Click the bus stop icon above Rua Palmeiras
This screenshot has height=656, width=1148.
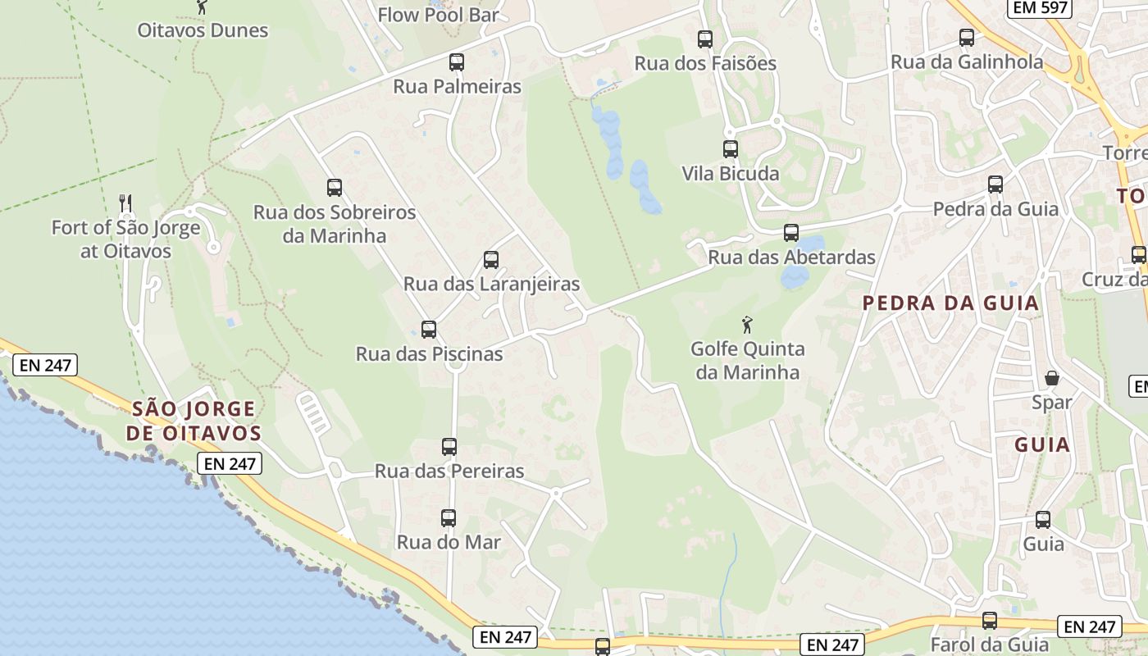pyautogui.click(x=457, y=61)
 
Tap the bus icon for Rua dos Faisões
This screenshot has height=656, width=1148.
pyautogui.click(x=704, y=39)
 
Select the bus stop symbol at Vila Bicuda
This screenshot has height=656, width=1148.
pyautogui.click(x=730, y=149)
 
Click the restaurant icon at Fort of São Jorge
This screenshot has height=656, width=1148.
pyautogui.click(x=125, y=203)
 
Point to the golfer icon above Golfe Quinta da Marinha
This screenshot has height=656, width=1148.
pyautogui.click(x=746, y=324)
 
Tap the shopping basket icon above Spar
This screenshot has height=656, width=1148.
pyautogui.click(x=1051, y=378)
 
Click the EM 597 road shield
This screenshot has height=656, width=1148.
pyautogui.click(x=1038, y=8)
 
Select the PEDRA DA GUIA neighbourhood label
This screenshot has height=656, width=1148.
pyautogui.click(x=950, y=303)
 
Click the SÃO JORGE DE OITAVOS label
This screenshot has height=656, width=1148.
pyautogui.click(x=194, y=421)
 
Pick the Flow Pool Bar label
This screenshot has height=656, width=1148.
pyautogui.click(x=438, y=15)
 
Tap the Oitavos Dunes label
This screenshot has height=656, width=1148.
pyautogui.click(x=203, y=30)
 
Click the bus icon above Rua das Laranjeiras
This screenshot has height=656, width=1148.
pyautogui.click(x=490, y=260)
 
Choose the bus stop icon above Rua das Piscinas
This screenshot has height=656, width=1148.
pyautogui.click(x=428, y=330)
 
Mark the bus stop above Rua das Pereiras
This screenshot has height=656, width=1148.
pyautogui.click(x=449, y=447)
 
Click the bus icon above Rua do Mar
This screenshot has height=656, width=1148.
pyautogui.click(x=448, y=518)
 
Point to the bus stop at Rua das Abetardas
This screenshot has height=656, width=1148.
pyautogui.click(x=790, y=233)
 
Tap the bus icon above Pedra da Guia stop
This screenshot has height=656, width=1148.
pyautogui.click(x=995, y=184)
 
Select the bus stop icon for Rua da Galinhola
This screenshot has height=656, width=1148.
pyautogui.click(x=966, y=38)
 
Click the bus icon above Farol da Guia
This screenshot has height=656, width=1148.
pyautogui.click(x=989, y=621)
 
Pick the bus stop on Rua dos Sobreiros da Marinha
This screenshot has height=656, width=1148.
pyautogui.click(x=334, y=188)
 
